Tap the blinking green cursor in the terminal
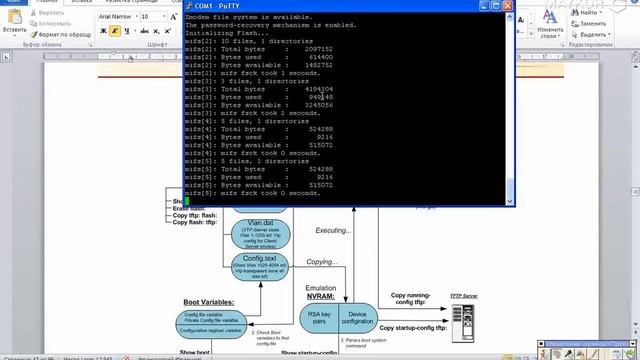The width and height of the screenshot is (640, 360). tap(187, 201)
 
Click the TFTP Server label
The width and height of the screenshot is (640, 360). tap(463, 297)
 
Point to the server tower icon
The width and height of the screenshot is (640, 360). tap(461, 322)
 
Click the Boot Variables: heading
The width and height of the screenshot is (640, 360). tap(208, 301)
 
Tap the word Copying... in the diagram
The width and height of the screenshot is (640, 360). tap(322, 262)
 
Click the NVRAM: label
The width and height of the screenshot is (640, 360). tap(320, 297)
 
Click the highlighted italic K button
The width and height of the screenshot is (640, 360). tap(115, 31)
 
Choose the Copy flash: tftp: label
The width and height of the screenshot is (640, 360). tap(194, 221)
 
